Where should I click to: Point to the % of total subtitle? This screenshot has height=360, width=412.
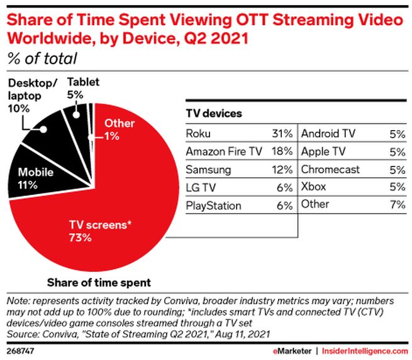[42, 59]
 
